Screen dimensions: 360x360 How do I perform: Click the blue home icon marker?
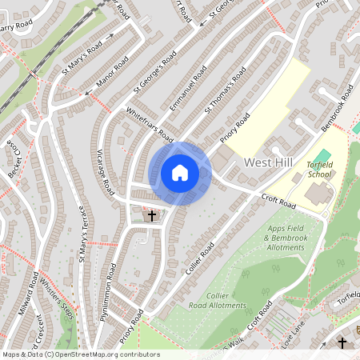click(180, 173)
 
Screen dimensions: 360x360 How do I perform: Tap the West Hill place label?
click(269, 162)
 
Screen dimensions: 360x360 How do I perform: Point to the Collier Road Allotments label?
click(214, 300)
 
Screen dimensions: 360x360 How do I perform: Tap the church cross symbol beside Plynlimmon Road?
click(150, 215)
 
